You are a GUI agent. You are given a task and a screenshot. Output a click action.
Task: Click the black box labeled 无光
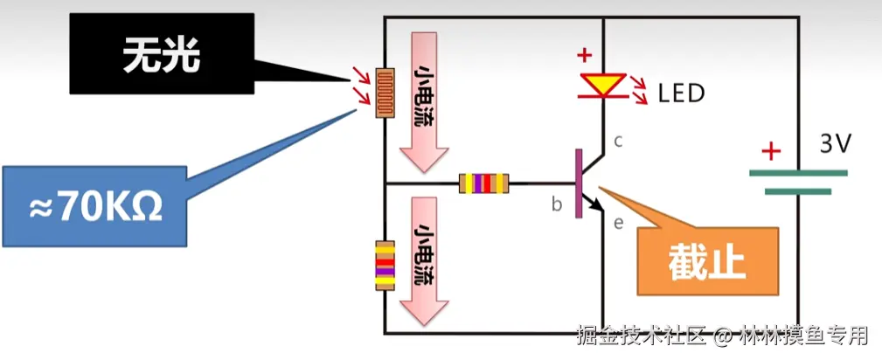coord(162,54)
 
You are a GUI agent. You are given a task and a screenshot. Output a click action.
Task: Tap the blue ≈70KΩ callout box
coord(95,205)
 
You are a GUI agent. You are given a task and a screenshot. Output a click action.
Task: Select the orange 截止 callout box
coord(707,260)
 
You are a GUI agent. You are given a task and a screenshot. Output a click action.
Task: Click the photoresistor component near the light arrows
coord(383,93)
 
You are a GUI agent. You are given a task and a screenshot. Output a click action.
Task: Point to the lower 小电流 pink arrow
coord(423,258)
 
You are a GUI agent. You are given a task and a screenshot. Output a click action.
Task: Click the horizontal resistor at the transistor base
coord(483,183)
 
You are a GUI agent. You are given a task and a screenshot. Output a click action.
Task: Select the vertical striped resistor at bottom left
coord(383,267)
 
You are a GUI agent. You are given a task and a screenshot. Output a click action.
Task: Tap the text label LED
coord(681,93)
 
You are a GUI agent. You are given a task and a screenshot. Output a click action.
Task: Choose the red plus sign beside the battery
coord(770,152)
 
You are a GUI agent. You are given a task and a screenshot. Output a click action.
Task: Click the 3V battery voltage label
coord(835,144)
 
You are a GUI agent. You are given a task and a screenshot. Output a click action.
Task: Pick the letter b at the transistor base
coord(556,204)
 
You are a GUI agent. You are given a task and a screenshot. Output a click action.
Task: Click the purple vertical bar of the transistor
coord(578,183)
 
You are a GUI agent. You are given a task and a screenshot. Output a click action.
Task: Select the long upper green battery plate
coord(798,173)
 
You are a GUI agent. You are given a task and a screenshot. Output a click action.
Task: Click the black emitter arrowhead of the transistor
coord(599,206)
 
